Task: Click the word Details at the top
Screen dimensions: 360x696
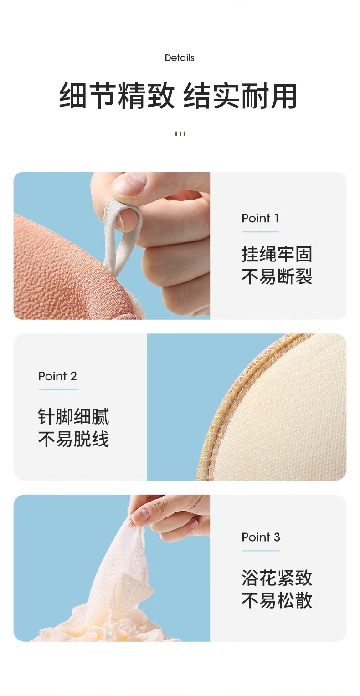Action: click(x=180, y=58)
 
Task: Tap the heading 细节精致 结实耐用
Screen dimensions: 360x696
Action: click(x=178, y=96)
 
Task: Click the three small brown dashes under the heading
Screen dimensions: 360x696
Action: click(x=180, y=133)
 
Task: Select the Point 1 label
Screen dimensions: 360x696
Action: click(x=260, y=218)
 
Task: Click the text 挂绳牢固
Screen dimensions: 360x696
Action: click(x=277, y=254)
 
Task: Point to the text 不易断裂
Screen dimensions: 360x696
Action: click(x=277, y=276)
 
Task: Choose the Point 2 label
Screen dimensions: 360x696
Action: click(x=57, y=376)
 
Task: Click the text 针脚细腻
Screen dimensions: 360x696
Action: click(x=73, y=416)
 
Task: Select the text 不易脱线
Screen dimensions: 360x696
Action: click(x=73, y=439)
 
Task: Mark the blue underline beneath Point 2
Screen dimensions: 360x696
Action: click(x=58, y=389)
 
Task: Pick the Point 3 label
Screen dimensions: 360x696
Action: click(x=261, y=537)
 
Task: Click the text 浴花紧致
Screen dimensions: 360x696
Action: click(x=277, y=578)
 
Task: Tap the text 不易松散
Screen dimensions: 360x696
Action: click(x=277, y=600)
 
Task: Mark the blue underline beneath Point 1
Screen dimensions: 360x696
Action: click(x=261, y=232)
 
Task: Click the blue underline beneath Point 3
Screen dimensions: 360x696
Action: click(x=261, y=551)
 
